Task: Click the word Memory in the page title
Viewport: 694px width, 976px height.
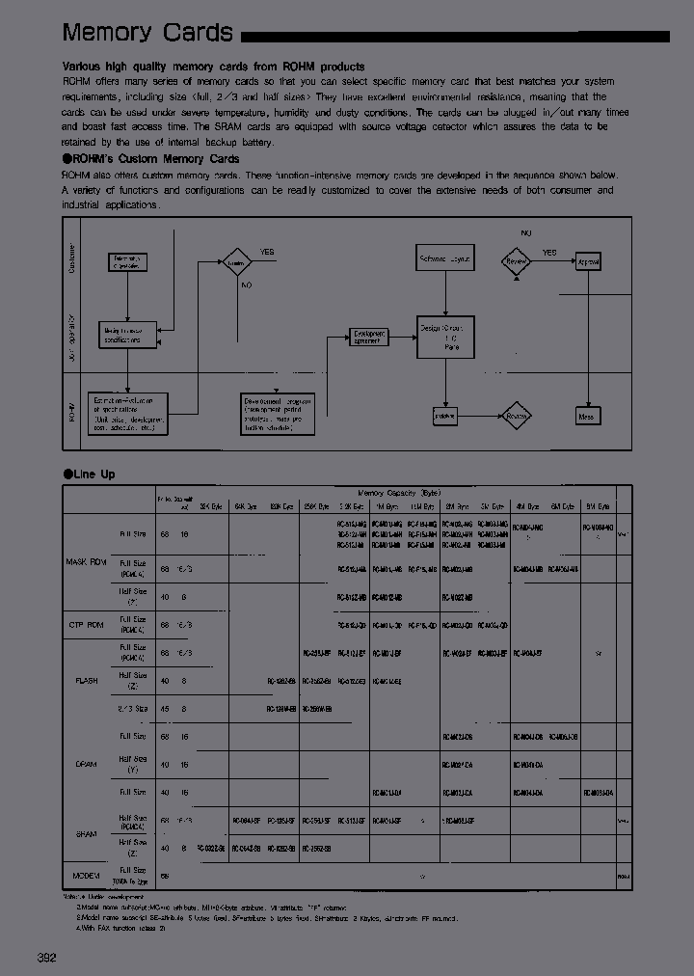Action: tap(107, 33)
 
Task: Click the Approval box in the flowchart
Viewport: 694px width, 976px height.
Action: tap(588, 261)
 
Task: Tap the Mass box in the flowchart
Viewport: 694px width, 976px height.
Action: tap(587, 417)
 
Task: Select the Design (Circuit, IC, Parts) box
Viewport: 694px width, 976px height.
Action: tap(445, 337)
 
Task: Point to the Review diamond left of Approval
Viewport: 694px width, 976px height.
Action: tap(518, 261)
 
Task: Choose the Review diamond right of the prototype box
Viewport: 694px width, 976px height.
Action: tap(518, 417)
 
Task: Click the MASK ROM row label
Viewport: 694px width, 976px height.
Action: tap(87, 561)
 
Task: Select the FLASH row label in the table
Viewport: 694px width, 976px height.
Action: tap(87, 681)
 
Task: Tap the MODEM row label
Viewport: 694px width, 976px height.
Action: tap(87, 876)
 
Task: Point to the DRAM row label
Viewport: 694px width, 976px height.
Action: tap(87, 764)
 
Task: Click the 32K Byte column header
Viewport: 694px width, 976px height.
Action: tap(211, 506)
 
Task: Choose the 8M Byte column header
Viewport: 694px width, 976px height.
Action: tap(598, 506)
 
